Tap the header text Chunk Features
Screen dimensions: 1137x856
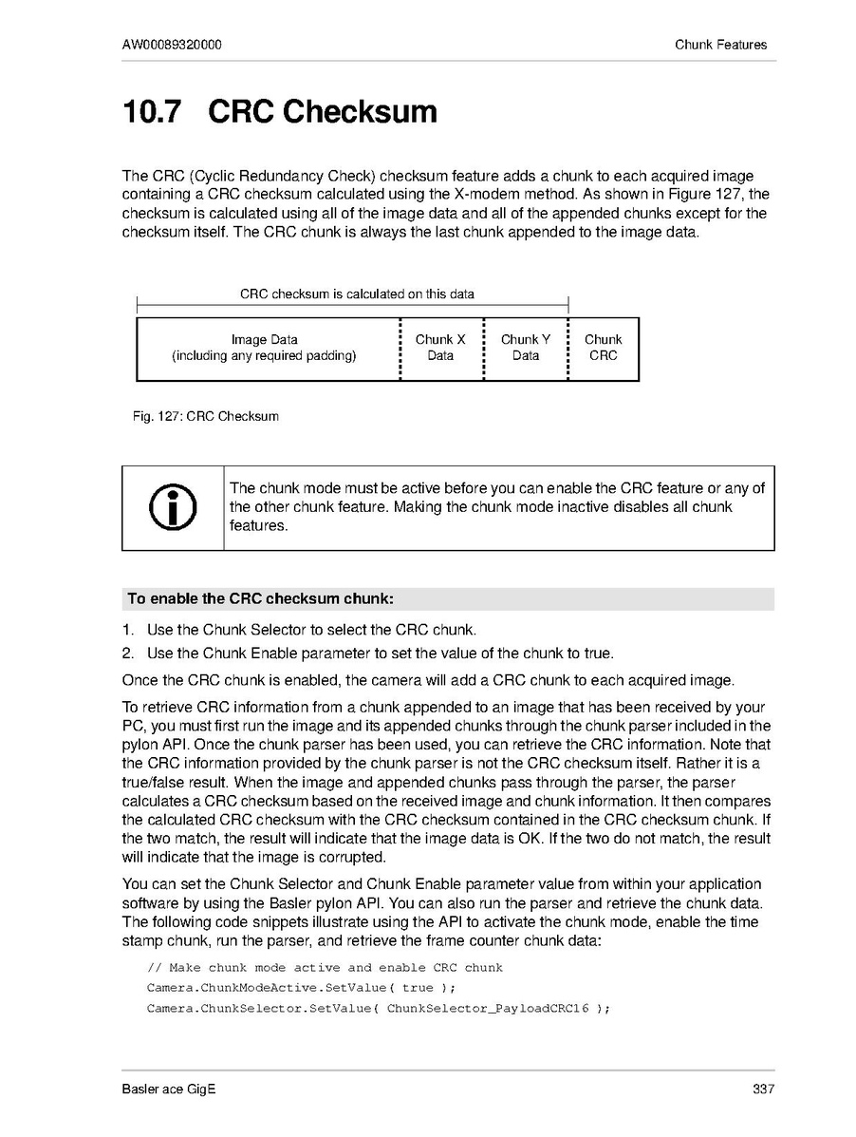coord(720,45)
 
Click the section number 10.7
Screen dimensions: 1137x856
coord(151,112)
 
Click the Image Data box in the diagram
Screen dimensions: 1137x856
coord(265,348)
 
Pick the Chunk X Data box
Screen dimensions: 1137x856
coord(440,348)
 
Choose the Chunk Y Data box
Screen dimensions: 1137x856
coord(526,348)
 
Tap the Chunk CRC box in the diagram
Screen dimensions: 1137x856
coord(604,348)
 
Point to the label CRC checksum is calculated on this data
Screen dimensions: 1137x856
coord(357,294)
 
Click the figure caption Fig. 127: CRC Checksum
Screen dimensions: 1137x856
coord(206,416)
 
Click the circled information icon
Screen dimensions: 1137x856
coord(173,508)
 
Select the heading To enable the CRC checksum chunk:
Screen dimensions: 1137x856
coord(260,599)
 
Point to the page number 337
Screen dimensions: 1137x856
coord(763,1090)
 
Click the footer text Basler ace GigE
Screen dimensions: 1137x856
coord(169,1090)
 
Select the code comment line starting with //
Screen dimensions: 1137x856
coord(325,968)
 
